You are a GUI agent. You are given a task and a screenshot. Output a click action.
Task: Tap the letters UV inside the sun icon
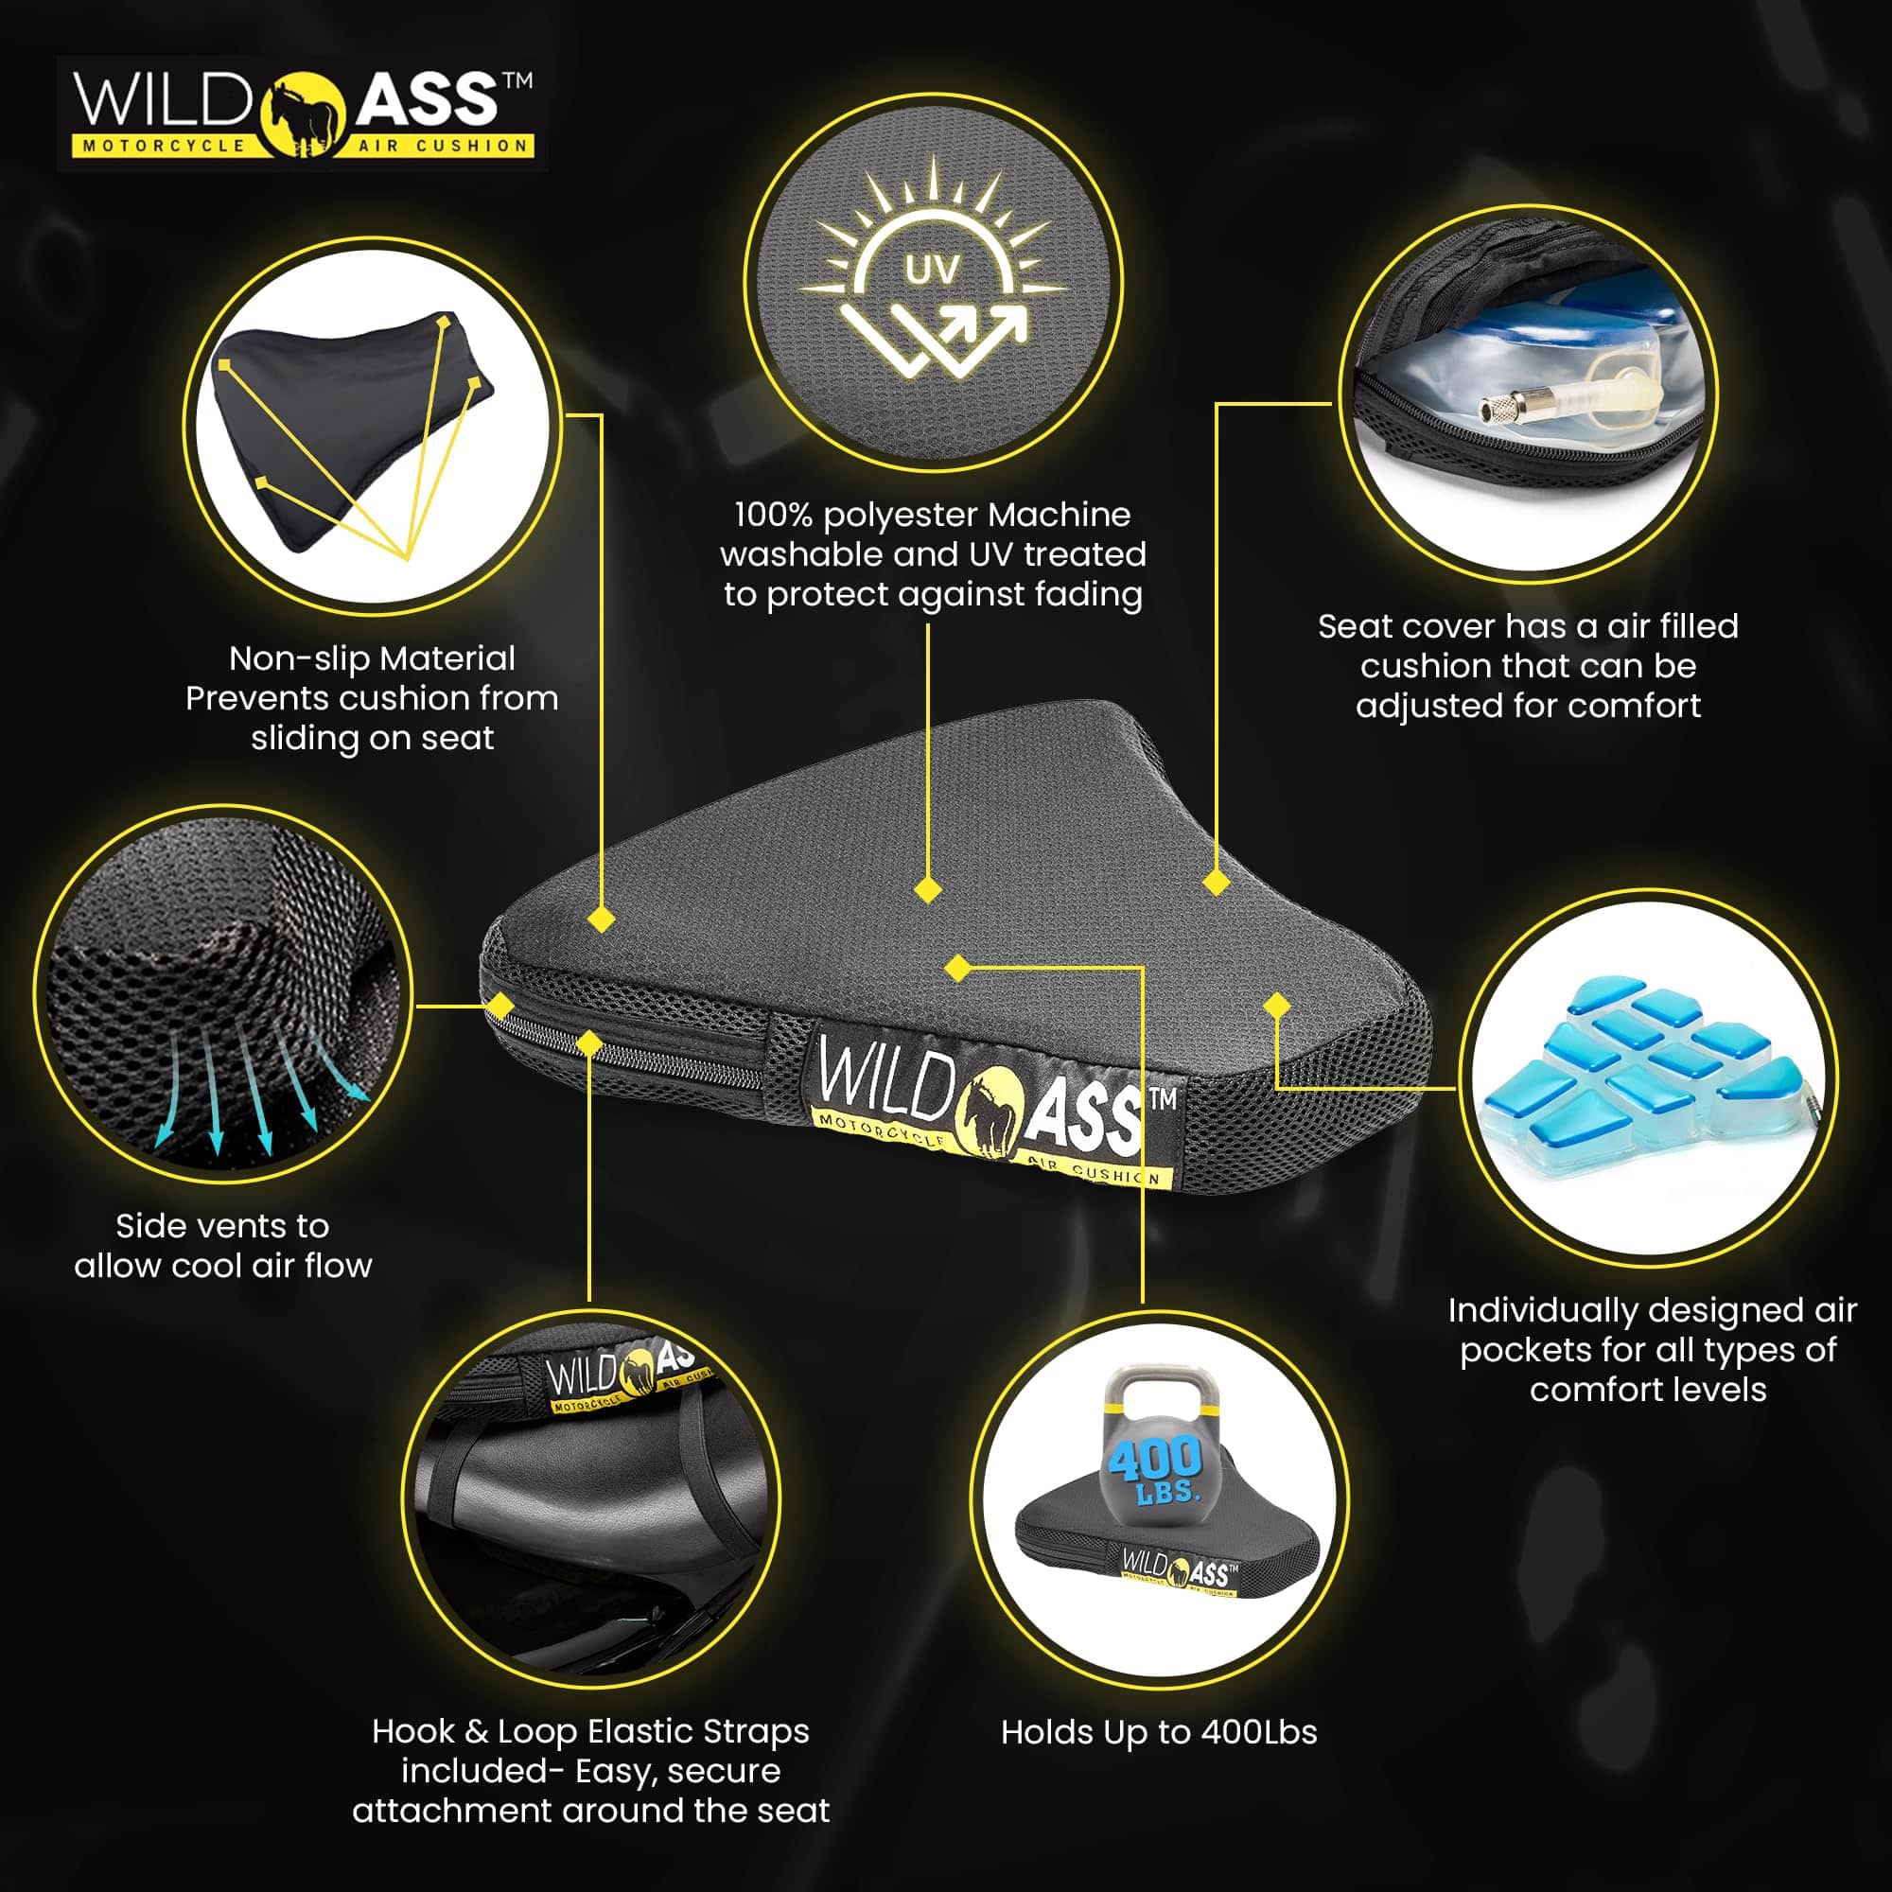(x=931, y=270)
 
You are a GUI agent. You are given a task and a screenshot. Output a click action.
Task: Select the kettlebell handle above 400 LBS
(x=1163, y=1391)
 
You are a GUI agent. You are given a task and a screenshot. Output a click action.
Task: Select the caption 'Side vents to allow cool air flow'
(x=223, y=1246)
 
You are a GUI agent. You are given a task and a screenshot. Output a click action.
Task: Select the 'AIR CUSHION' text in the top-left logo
(x=443, y=146)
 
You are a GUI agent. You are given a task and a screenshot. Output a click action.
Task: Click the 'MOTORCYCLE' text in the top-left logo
(x=164, y=146)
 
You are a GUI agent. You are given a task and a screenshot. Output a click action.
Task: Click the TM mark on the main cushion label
(x=1163, y=1097)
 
